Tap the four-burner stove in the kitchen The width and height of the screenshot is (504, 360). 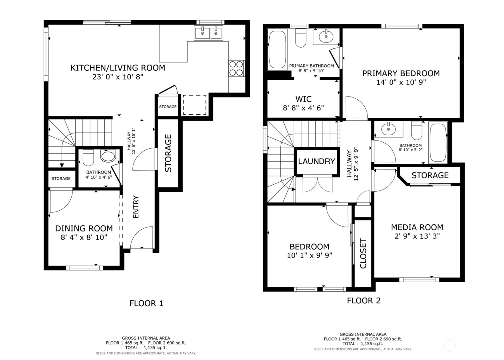236,69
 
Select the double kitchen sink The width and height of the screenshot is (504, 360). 208,33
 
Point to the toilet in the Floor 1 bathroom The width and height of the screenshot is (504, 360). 88,157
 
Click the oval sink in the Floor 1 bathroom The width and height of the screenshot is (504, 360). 108,156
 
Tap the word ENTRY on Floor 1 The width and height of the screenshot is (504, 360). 136,207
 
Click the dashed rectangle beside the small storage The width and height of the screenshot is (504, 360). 194,105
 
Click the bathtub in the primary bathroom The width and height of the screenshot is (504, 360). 278,49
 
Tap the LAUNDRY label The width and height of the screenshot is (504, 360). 316,161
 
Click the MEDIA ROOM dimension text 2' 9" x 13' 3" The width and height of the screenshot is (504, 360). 417,236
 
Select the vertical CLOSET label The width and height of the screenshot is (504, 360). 363,254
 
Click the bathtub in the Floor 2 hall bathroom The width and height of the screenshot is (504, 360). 438,143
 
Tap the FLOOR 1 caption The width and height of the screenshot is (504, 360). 146,303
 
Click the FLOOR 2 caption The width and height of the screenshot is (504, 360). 363,301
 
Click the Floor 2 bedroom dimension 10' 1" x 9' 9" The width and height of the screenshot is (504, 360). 309,255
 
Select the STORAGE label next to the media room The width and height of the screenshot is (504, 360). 430,175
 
